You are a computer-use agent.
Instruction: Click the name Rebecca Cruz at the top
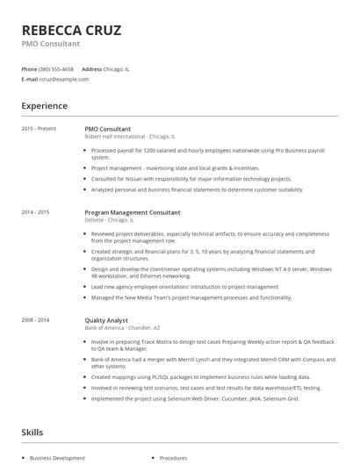pos(71,30)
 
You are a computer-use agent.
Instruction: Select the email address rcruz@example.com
pos(64,79)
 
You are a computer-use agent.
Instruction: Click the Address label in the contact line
pos(91,68)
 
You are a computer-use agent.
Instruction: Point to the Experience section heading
pos(44,106)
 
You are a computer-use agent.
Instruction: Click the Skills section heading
pos(32,433)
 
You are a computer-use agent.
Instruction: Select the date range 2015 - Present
pos(39,128)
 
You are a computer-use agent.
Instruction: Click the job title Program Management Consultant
pos(132,212)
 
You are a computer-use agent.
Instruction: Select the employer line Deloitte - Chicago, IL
pos(113,220)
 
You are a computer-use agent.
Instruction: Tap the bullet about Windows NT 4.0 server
pos(211,272)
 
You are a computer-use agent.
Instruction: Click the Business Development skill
pos(57,458)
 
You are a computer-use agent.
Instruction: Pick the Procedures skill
pos(172,458)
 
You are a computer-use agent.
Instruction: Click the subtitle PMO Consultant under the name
pos(51,43)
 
